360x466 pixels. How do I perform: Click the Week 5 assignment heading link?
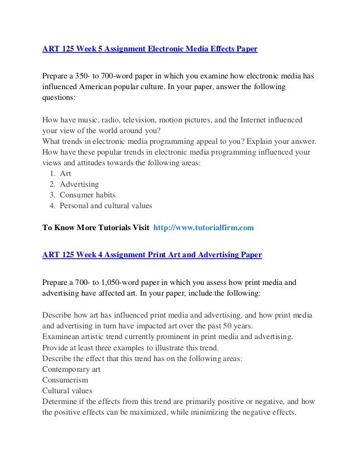click(x=150, y=50)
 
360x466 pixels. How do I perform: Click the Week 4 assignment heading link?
click(x=152, y=254)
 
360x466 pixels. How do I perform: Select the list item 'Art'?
click(x=65, y=174)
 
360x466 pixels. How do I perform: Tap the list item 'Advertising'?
click(x=79, y=184)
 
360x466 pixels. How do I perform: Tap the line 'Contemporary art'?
click(x=73, y=370)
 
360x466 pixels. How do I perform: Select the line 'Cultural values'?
click(x=68, y=390)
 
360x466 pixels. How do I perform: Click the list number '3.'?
click(x=52, y=195)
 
